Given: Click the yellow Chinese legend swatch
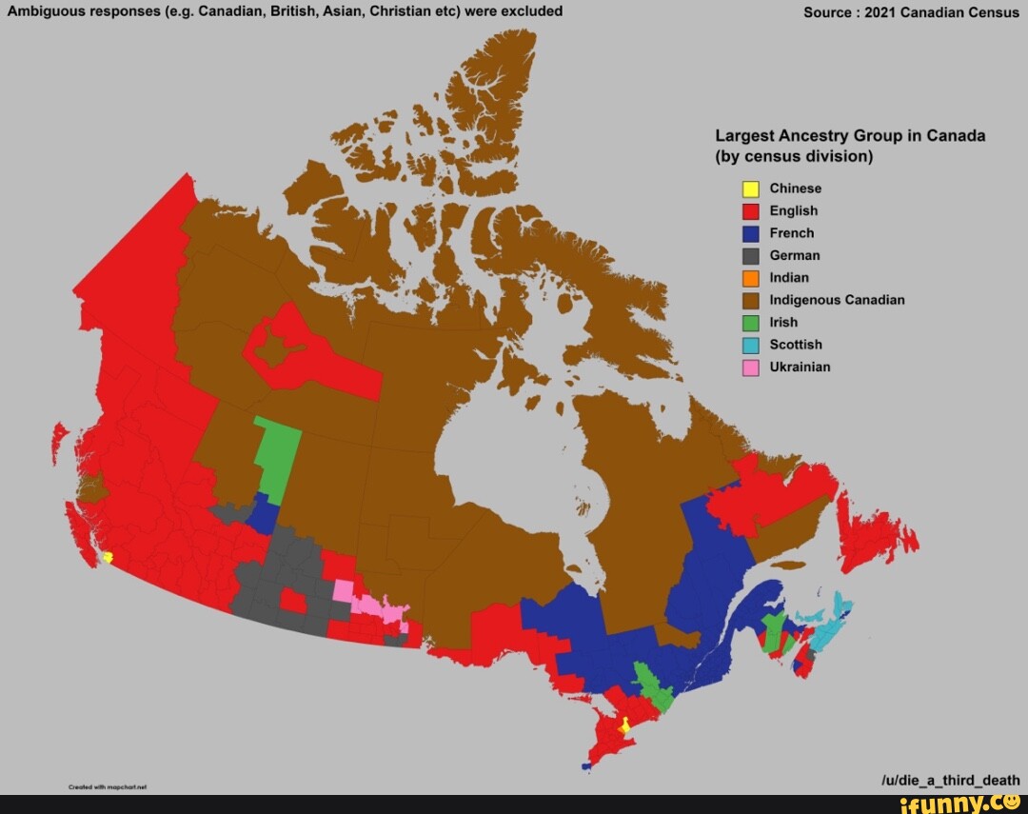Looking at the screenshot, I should click(751, 189).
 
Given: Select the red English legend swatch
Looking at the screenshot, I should click(751, 210).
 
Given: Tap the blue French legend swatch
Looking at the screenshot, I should click(751, 233).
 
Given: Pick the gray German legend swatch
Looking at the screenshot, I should click(751, 255).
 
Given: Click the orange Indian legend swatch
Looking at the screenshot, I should click(751, 278).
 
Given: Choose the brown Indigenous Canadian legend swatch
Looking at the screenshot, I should click(751, 300).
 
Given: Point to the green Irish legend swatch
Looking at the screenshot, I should click(751, 323).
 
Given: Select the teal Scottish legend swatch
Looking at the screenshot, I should click(751, 345).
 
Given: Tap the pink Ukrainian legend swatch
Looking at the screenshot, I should click(751, 367).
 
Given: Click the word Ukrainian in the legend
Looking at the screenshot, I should click(800, 367).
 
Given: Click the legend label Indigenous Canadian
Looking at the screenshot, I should click(837, 300).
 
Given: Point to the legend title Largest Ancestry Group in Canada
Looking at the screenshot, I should click(850, 135).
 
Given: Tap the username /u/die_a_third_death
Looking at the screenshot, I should click(951, 780).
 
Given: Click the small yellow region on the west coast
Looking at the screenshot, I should click(109, 558).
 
